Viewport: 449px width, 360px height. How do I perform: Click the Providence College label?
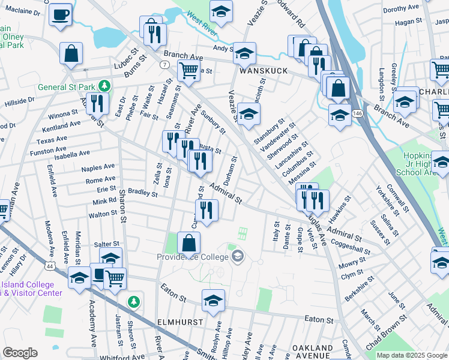(x=194, y=257)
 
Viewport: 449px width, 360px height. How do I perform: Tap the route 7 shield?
(x=163, y=64)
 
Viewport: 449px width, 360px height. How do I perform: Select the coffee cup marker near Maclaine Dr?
(x=60, y=15)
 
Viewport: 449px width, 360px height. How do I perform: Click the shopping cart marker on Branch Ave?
(x=188, y=70)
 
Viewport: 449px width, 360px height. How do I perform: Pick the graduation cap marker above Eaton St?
(x=213, y=301)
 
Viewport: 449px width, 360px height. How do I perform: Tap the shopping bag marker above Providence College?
(x=188, y=244)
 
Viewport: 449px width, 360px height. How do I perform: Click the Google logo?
(x=20, y=353)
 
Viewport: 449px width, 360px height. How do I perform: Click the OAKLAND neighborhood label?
(x=312, y=348)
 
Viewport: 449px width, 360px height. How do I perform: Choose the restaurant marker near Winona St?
(x=96, y=103)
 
